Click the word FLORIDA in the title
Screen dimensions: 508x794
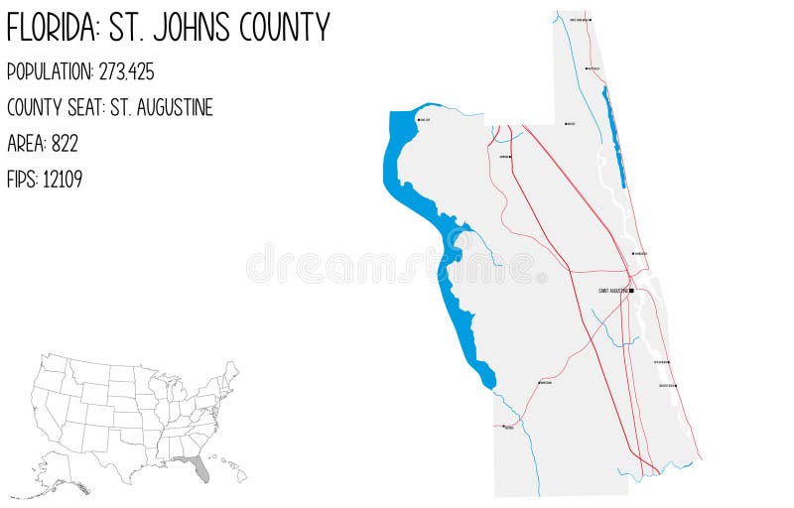tap(49, 28)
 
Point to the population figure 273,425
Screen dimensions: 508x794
tap(126, 72)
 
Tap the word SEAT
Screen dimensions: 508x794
tap(83, 108)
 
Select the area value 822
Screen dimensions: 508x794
tap(65, 144)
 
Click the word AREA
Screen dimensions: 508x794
tap(25, 144)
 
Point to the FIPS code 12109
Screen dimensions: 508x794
tap(63, 180)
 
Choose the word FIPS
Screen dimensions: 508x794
tap(22, 180)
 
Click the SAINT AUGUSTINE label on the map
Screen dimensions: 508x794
tap(611, 291)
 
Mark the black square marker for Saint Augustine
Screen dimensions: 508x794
tap(631, 291)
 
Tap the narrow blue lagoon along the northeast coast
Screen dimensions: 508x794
tap(614, 139)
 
